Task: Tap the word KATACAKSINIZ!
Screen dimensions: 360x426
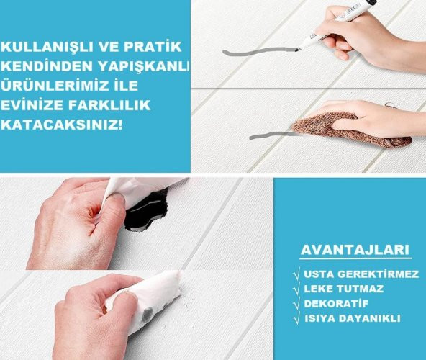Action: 63,125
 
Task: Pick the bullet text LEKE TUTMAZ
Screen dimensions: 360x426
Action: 343,289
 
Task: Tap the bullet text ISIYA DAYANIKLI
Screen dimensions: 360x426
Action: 353,318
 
